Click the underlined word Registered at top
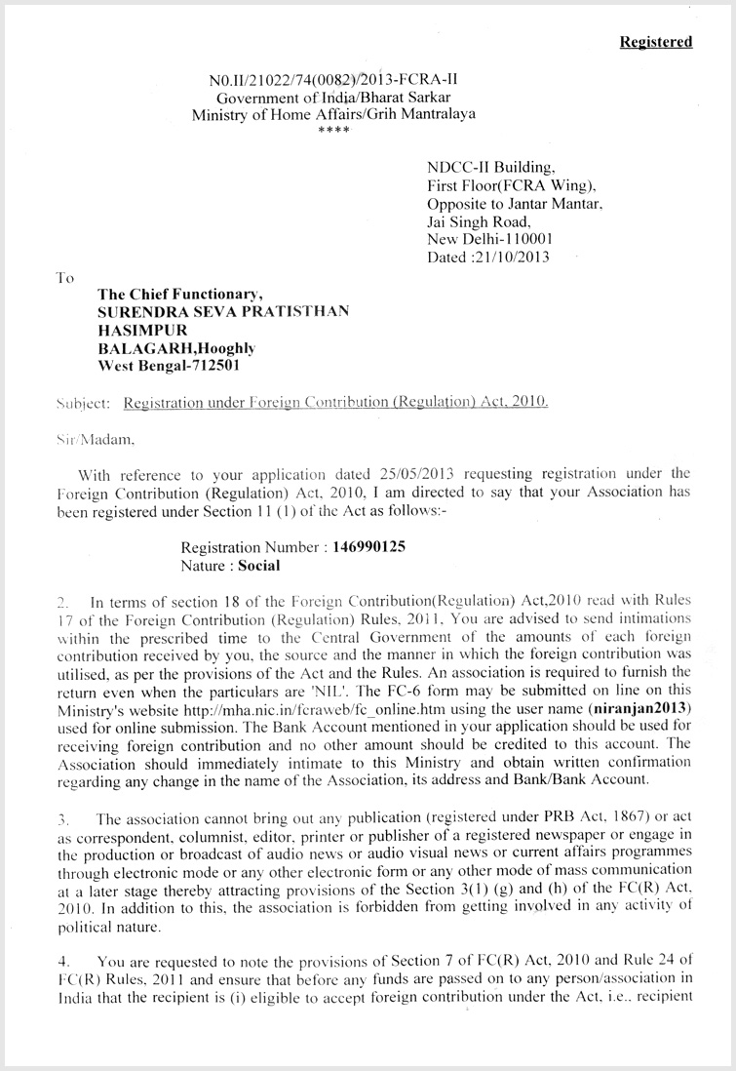coord(656,42)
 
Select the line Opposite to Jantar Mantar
coord(515,204)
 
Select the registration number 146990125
coord(368,547)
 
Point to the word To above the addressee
coord(65,278)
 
